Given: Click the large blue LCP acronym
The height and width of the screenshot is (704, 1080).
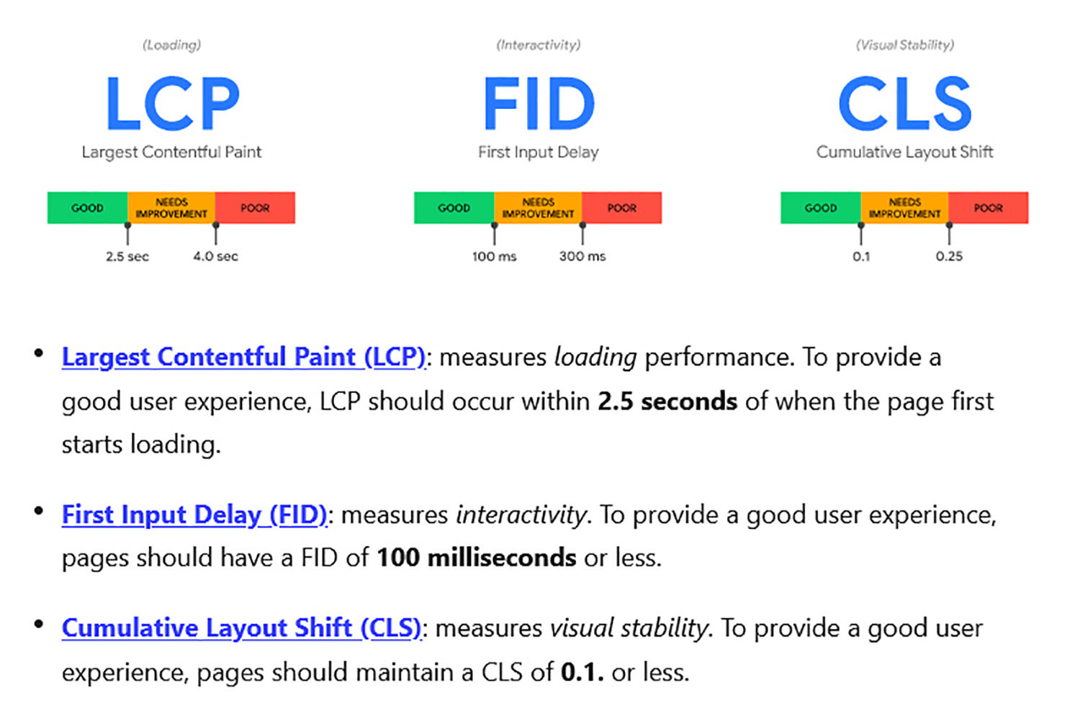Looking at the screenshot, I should [173, 104].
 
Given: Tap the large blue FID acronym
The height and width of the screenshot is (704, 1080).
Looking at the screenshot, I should [539, 104].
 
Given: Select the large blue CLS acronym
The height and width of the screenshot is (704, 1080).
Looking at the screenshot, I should [905, 104].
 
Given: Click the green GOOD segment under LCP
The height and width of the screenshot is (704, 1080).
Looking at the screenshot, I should [87, 208].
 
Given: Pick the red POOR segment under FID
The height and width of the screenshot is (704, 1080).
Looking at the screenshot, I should [621, 208].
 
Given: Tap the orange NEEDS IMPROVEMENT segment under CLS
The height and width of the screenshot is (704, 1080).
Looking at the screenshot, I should [904, 208].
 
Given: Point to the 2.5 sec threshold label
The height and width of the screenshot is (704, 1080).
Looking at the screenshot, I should [127, 257].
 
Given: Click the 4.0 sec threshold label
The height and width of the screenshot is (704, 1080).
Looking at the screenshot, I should [215, 257].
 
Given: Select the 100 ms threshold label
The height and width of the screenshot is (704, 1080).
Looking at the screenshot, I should [494, 257].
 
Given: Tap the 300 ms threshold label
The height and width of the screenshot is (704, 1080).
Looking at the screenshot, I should [582, 257].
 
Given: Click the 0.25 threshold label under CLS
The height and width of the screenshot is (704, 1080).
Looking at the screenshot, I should [949, 257].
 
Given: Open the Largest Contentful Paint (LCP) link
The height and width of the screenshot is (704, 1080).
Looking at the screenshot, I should [243, 357].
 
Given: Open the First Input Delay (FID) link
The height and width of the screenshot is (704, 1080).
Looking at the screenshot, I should [194, 514].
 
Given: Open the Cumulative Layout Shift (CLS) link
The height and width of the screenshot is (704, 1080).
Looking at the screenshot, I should [241, 628].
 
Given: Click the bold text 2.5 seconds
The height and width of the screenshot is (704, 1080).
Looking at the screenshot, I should [667, 401].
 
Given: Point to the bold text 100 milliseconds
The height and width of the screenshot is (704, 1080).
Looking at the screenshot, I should [477, 558].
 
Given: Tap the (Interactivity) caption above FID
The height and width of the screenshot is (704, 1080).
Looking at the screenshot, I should [538, 45].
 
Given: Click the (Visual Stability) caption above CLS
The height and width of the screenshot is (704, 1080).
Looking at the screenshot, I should [905, 45].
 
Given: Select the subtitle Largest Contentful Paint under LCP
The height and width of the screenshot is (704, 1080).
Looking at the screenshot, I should [171, 152].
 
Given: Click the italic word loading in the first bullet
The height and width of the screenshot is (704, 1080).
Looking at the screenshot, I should [595, 357].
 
